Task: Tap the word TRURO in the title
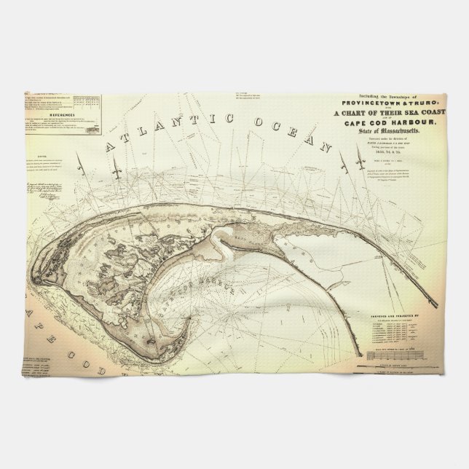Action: (x=414, y=103)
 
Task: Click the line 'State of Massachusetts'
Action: (x=394, y=130)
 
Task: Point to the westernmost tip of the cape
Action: (x=31, y=278)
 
